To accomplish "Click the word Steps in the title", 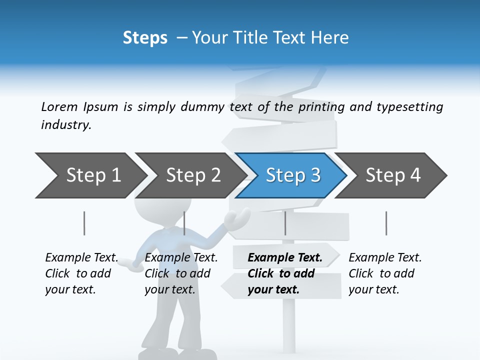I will tap(145, 38).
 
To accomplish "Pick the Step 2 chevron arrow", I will tap(193, 175).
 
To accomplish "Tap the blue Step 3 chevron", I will tap(293, 175).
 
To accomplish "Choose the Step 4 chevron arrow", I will tap(393, 175).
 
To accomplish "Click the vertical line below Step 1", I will tap(84, 223).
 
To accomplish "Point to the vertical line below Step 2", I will tap(184, 223).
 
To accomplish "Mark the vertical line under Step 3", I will tap(285, 223).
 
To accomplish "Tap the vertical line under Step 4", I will tap(386, 223).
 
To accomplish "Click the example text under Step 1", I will tap(81, 273).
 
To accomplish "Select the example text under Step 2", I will tap(181, 273).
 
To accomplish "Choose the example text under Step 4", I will tap(385, 273).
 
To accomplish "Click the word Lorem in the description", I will tap(59, 106).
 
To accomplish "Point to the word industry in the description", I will tap(66, 125).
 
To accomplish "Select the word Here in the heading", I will tap(331, 38).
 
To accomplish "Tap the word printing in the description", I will tap(321, 107).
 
